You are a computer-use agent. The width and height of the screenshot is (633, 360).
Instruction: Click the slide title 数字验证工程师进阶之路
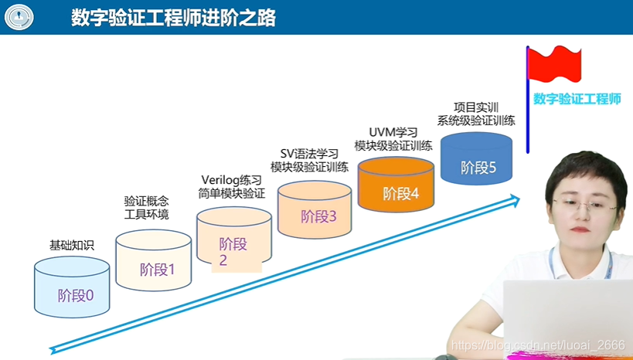(173, 17)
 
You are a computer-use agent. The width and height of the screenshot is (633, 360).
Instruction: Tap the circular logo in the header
(19, 18)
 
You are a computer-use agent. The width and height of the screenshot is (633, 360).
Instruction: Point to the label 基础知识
(71, 246)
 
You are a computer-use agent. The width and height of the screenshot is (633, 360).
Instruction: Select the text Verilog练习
(231, 179)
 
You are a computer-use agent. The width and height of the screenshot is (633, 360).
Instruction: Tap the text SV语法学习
(309, 152)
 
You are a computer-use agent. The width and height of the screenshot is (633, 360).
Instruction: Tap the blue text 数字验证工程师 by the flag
(577, 99)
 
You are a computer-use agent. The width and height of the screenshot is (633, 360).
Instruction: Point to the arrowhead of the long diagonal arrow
(513, 200)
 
